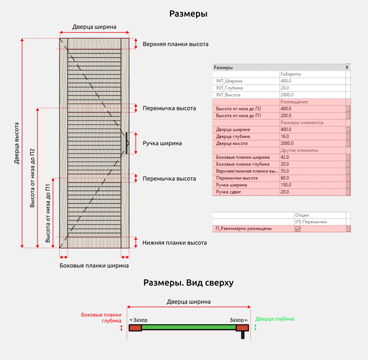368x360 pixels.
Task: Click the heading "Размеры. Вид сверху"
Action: [188, 283]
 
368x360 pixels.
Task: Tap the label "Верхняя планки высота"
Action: [176, 44]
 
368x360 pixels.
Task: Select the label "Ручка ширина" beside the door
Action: [162, 143]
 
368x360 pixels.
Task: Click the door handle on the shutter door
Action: [126, 143]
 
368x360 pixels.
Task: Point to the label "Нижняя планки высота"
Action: [174, 243]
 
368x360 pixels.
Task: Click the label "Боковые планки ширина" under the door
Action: [94, 266]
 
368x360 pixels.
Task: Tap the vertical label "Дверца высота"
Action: [17, 143]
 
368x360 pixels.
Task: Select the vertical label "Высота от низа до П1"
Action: [47, 213]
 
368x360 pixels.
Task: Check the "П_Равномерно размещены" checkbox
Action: [298, 229]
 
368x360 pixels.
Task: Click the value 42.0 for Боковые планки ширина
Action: [285, 157]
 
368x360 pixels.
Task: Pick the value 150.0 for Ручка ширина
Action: [286, 185]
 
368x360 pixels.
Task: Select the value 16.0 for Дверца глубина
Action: [285, 137]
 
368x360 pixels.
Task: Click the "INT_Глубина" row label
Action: [229, 88]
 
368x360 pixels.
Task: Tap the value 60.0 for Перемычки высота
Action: [285, 178]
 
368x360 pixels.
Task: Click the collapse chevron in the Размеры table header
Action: [347, 67]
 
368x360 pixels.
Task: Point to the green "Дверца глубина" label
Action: [275, 319]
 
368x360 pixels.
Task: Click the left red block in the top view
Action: [135, 328]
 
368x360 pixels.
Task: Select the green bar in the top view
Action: [189, 327]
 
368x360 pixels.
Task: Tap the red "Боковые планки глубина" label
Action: [101, 318]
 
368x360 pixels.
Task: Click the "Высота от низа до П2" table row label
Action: [238, 109]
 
